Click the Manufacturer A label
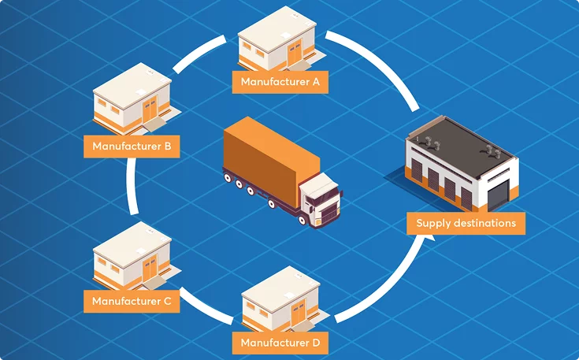(x=280, y=81)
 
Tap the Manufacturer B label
(x=132, y=146)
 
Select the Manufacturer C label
(x=132, y=300)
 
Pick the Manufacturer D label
(x=280, y=343)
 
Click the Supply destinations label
(x=466, y=223)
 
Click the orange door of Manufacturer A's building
(x=295, y=54)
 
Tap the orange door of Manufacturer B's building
(x=150, y=110)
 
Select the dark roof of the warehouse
(x=461, y=142)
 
